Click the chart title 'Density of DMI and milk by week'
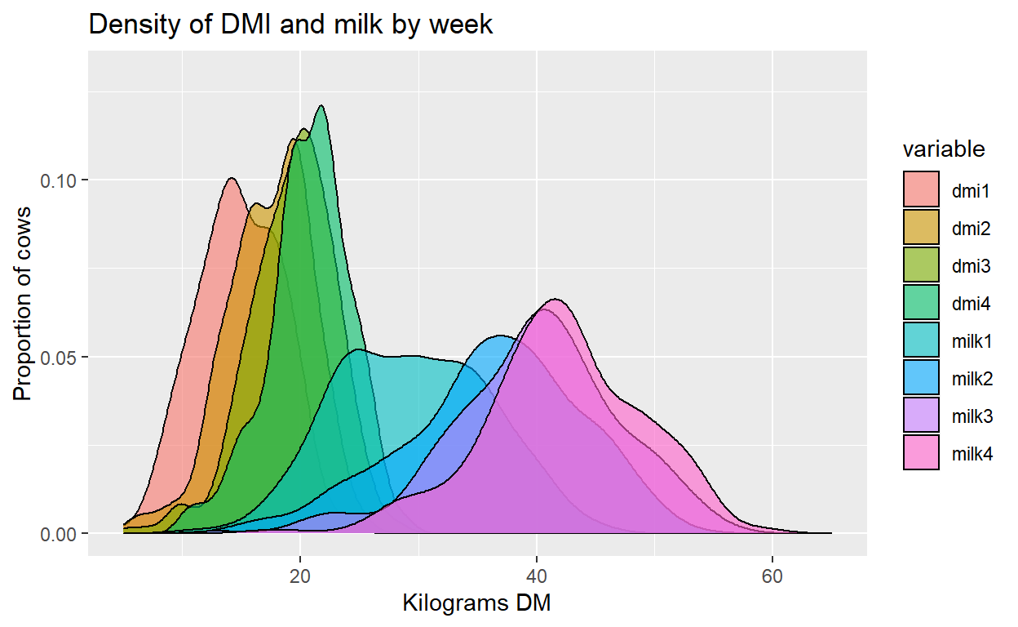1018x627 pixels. coord(290,24)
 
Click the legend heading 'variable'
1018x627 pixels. coord(944,149)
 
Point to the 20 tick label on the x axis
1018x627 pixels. coord(300,576)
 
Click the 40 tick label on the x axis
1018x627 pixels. coord(536,576)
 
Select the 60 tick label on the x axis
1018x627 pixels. coord(772,576)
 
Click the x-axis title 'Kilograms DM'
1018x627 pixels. coord(477,605)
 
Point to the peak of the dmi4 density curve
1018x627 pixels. coord(321,106)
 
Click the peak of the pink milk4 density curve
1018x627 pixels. coord(555,300)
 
